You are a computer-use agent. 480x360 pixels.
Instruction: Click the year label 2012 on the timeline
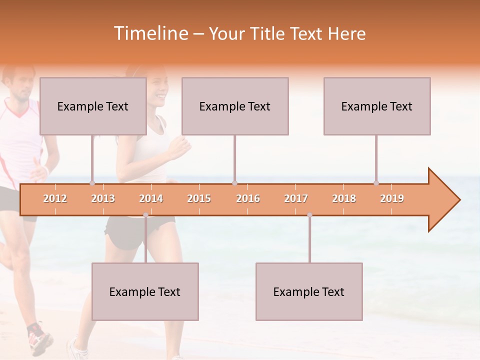(x=55, y=198)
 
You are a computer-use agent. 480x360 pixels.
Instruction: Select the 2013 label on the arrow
(x=103, y=198)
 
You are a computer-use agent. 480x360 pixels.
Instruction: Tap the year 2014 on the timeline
(x=151, y=198)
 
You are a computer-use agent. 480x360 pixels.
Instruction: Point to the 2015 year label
(x=199, y=198)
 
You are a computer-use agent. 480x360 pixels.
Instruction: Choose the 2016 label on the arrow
(x=248, y=198)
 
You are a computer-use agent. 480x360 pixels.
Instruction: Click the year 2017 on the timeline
(x=296, y=198)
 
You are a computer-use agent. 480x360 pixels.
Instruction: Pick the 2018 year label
(x=344, y=198)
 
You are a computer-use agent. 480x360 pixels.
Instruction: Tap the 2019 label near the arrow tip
(x=392, y=198)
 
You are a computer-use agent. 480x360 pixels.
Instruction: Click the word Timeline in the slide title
(x=150, y=33)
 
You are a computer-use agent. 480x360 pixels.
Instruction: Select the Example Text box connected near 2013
(x=93, y=106)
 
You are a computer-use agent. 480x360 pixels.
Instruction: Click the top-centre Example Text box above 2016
(x=235, y=106)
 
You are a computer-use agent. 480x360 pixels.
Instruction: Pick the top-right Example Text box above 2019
(x=377, y=106)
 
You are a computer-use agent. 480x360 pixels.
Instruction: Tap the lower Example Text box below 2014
(x=145, y=291)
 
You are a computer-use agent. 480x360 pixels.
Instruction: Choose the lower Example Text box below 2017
(x=309, y=291)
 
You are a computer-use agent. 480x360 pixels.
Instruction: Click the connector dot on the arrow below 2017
(x=309, y=215)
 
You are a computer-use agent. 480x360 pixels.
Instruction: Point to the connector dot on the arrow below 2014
(x=145, y=215)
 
